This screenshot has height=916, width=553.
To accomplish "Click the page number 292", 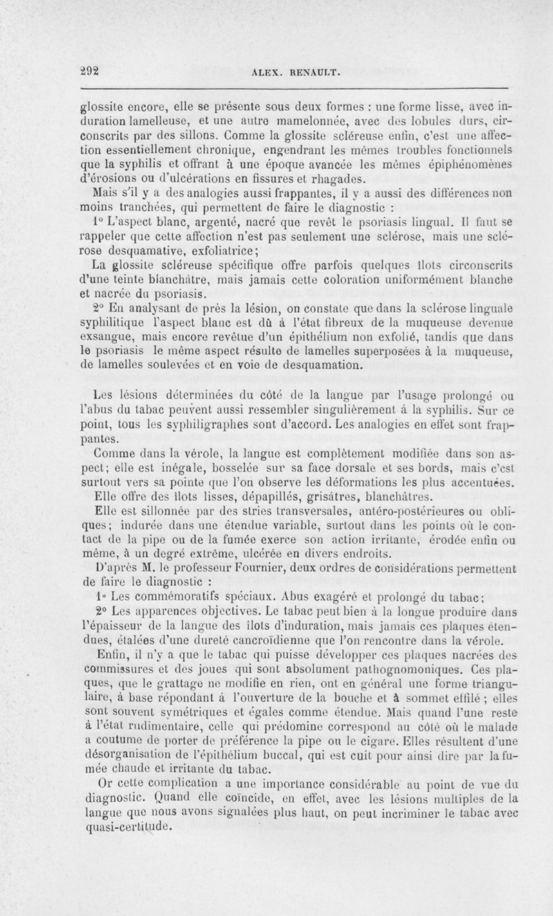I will pos(91,69).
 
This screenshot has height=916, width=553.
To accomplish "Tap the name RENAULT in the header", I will pos(310,71).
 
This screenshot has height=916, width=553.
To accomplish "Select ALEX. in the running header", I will pos(268,71).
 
